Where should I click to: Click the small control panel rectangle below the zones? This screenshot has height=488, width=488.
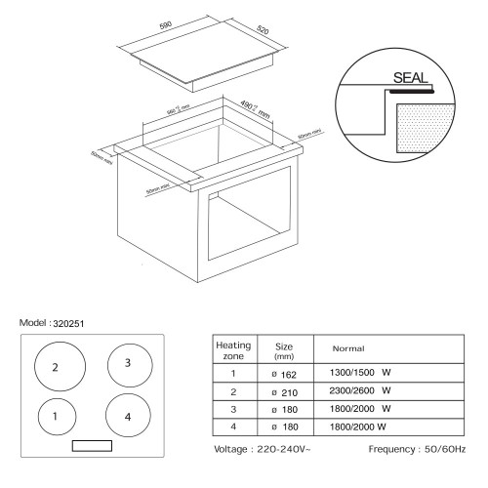(92, 446)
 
